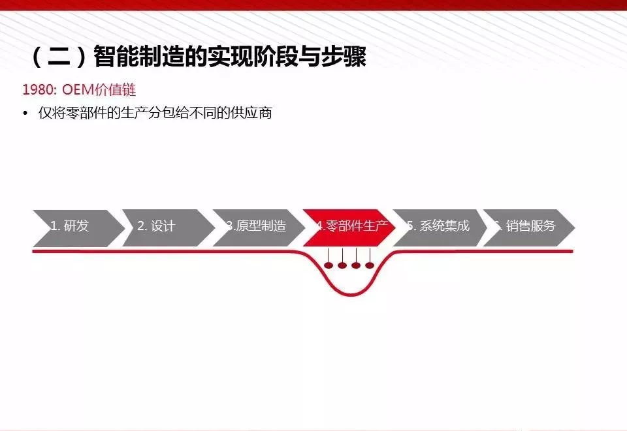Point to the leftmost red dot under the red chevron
329,265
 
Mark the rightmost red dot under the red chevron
370,265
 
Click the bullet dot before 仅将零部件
25,113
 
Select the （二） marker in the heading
59,57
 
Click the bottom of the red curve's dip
351,294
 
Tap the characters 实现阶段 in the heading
252,57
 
